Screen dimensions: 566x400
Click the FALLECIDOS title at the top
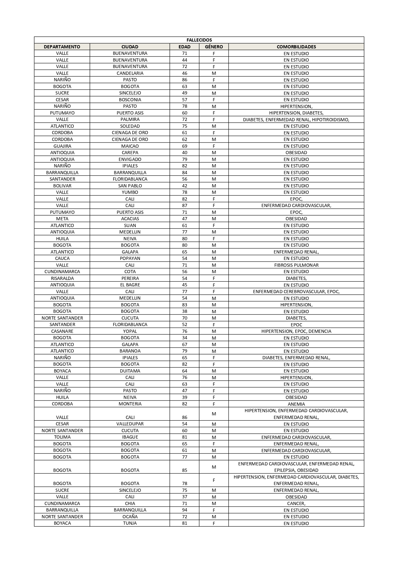199,40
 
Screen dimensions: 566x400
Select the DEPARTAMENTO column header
62,47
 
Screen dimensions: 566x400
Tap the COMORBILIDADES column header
296,47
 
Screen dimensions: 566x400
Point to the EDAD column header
184,47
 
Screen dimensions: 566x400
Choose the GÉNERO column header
214,47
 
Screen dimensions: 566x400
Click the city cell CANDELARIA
130,73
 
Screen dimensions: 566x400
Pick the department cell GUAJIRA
62,146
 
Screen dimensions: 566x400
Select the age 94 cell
184,510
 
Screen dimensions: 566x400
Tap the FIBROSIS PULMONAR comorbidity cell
296,265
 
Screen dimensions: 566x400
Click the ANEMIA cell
296,404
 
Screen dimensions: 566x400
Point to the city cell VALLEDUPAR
130,424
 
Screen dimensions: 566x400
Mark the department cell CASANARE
62,331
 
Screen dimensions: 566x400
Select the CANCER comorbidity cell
296,503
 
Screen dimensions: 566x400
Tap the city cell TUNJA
130,523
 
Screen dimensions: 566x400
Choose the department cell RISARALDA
62,278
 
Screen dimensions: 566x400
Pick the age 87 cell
184,205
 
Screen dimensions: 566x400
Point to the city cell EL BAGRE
130,285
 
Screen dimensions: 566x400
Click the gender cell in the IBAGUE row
214,437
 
